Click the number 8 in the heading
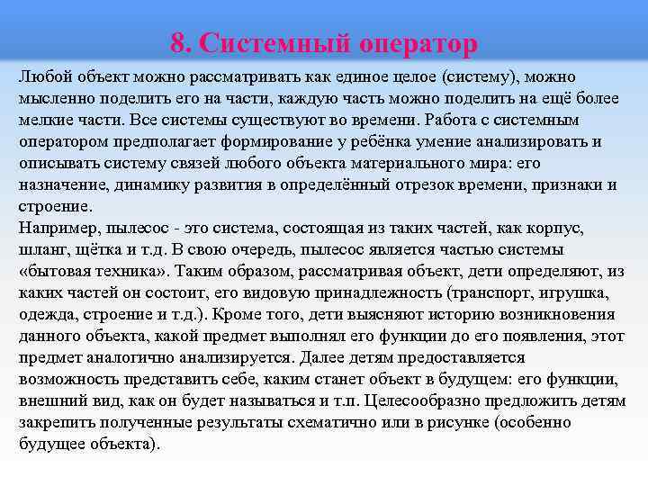[177, 42]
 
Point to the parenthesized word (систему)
[463, 76]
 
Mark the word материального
[352, 163]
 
